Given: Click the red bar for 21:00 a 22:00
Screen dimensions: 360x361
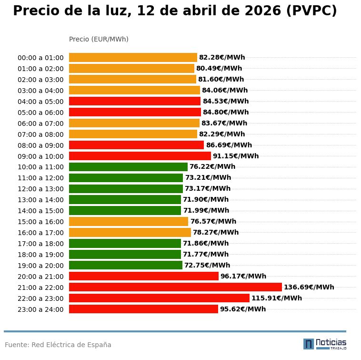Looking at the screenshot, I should click(x=175, y=287).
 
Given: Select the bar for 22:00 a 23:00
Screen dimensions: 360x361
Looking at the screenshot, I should click(x=159, y=298).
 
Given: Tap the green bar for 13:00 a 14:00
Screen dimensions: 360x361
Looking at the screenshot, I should click(x=125, y=200).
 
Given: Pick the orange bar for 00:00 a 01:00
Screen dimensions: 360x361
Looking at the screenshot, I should click(x=133, y=58).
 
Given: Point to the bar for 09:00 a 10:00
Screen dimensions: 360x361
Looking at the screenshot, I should click(x=140, y=156).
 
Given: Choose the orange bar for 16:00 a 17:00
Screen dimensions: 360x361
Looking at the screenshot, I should click(x=130, y=233).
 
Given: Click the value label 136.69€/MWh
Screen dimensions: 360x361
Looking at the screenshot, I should click(x=309, y=287).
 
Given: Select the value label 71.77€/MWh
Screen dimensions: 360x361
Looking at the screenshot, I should click(x=205, y=255).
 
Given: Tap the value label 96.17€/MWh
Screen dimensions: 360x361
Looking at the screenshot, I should click(x=243, y=276).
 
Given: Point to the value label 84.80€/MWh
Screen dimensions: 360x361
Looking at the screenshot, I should click(x=226, y=113).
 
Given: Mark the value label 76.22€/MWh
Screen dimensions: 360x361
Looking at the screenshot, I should click(x=212, y=167).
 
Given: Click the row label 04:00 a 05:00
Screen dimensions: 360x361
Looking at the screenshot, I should click(x=40, y=102).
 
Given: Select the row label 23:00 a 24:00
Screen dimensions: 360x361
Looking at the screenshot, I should click(x=40, y=309).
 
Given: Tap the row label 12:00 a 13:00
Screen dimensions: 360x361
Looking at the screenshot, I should click(x=40, y=189).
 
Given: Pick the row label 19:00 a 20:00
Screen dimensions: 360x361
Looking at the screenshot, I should click(x=40, y=266).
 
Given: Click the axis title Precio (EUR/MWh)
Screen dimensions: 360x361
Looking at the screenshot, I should click(x=99, y=39).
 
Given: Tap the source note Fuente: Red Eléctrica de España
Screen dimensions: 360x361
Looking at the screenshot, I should click(x=58, y=345).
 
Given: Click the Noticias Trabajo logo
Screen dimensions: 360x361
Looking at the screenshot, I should click(x=325, y=344).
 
